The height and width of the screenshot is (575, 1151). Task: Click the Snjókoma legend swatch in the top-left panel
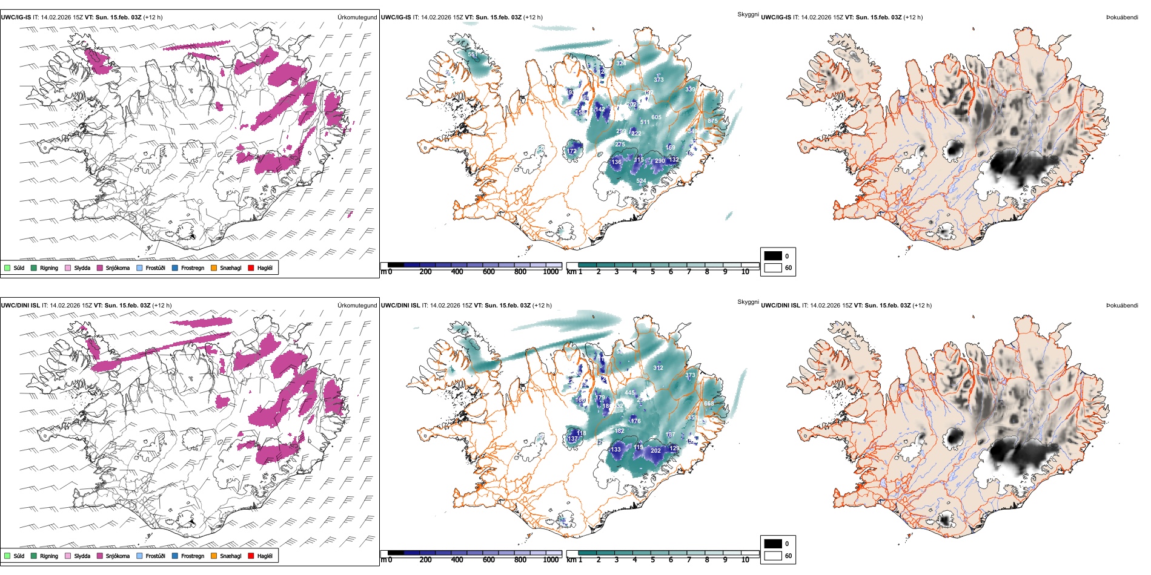pos(100,268)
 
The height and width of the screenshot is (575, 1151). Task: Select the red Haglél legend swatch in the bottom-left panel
pos(251,556)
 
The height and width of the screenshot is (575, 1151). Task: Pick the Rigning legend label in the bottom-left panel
pos(49,556)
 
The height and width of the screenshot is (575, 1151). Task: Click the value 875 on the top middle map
pos(712,121)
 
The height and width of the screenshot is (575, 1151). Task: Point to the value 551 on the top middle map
pos(473,54)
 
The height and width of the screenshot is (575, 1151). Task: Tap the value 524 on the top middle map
pos(641,181)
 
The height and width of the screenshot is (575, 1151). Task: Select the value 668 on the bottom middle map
pos(709,404)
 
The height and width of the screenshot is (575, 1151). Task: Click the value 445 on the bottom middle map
pos(630,393)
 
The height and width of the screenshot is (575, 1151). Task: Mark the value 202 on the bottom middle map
pos(655,450)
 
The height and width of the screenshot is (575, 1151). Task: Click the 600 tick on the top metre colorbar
pos(489,272)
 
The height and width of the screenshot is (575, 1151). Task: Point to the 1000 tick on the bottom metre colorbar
pos(551,560)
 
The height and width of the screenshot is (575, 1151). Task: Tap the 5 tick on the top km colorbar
pos(652,272)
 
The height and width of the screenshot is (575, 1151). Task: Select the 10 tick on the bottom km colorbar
pos(745,560)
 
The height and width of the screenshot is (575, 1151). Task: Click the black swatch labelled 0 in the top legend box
pos(773,256)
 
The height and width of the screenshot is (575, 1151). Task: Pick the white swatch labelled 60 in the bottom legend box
pos(773,556)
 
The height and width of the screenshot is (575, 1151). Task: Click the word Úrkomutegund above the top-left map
pos(357,17)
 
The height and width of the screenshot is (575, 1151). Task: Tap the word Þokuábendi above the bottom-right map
pos(1122,305)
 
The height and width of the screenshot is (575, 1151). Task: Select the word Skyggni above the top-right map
pos(748,14)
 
